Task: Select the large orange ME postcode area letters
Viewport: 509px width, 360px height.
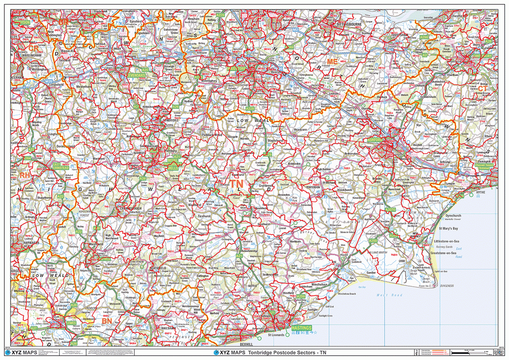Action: click(x=332, y=61)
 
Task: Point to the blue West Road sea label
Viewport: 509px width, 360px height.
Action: click(x=388, y=295)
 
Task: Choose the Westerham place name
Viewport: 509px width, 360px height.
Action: click(x=84, y=86)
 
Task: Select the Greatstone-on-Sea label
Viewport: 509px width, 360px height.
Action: click(x=444, y=253)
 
